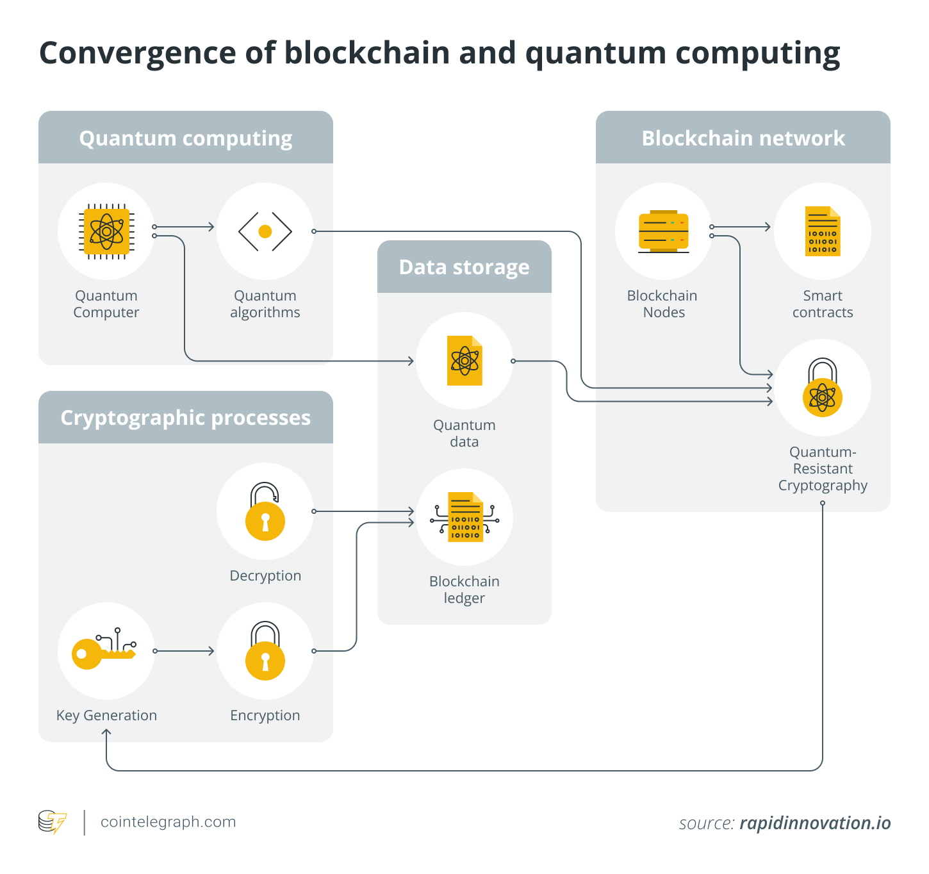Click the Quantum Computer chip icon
click(106, 231)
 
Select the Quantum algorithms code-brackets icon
click(265, 231)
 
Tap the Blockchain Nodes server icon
click(664, 231)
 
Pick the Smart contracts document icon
click(823, 231)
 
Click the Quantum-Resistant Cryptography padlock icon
click(823, 388)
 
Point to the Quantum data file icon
click(464, 361)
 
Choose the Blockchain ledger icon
click(464, 517)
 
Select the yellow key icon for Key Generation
click(103, 651)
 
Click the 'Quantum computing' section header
click(186, 138)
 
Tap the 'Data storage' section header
click(464, 267)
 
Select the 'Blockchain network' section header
click(743, 138)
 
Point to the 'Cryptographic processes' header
click(186, 418)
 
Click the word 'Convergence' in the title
click(137, 53)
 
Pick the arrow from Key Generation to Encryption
click(185, 651)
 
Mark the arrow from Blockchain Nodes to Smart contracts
click(741, 227)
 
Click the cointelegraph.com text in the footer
click(168, 822)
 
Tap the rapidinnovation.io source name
click(815, 823)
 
